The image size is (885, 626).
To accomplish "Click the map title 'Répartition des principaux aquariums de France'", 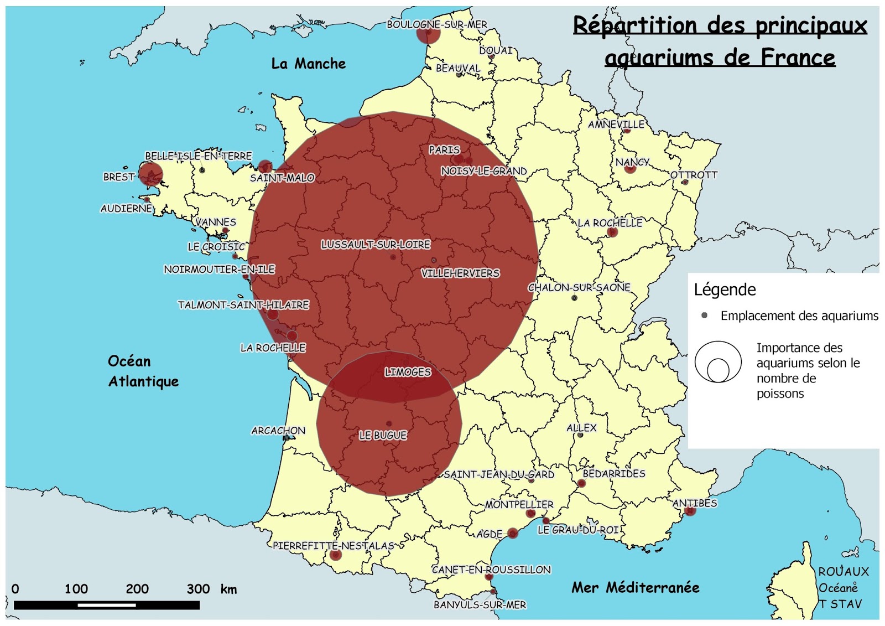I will [720, 41].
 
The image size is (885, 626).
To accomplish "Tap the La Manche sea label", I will [308, 64].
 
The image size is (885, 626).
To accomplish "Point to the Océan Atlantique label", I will [143, 371].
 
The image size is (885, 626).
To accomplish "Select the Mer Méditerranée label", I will [635, 587].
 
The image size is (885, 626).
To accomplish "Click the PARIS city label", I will [444, 149].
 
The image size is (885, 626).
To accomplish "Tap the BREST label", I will [119, 177].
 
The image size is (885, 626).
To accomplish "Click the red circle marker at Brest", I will [150, 174].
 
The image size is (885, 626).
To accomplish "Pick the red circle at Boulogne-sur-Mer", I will [428, 33].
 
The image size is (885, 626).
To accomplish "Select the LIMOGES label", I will [408, 372].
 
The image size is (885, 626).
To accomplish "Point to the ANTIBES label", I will [695, 503].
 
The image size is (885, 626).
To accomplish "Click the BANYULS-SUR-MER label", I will [480, 604].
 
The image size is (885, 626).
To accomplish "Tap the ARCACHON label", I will [278, 430].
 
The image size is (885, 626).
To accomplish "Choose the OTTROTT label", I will [694, 174].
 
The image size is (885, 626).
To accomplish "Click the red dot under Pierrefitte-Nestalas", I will [335, 555].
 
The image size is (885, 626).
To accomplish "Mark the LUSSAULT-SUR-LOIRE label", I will [376, 244].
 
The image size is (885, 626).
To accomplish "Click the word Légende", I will [725, 289].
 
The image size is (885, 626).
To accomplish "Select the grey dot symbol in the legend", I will [704, 315].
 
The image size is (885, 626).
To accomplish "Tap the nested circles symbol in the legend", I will [718, 362].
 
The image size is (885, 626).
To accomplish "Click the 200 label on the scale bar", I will [137, 588].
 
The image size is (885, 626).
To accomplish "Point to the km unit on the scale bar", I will [228, 589].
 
